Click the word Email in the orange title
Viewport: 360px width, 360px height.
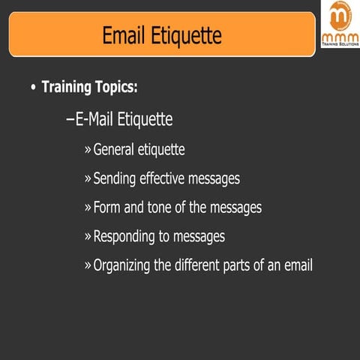tap(126, 34)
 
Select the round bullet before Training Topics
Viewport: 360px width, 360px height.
tap(32, 88)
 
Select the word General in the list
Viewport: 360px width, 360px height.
tap(115, 149)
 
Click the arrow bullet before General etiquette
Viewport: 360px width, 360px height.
tap(88, 150)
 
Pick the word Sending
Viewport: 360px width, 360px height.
tap(115, 178)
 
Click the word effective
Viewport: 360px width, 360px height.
tap(166, 178)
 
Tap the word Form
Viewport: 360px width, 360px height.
tap(106, 207)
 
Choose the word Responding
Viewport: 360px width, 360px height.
tap(125, 236)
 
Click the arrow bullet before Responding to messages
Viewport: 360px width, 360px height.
tap(88, 237)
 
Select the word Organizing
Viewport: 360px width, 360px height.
tap(125, 265)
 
